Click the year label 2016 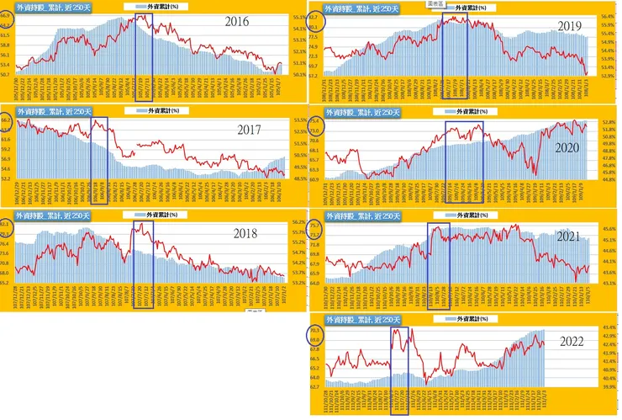(244, 23)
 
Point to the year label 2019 (571, 26)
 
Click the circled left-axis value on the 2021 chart (316, 226)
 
